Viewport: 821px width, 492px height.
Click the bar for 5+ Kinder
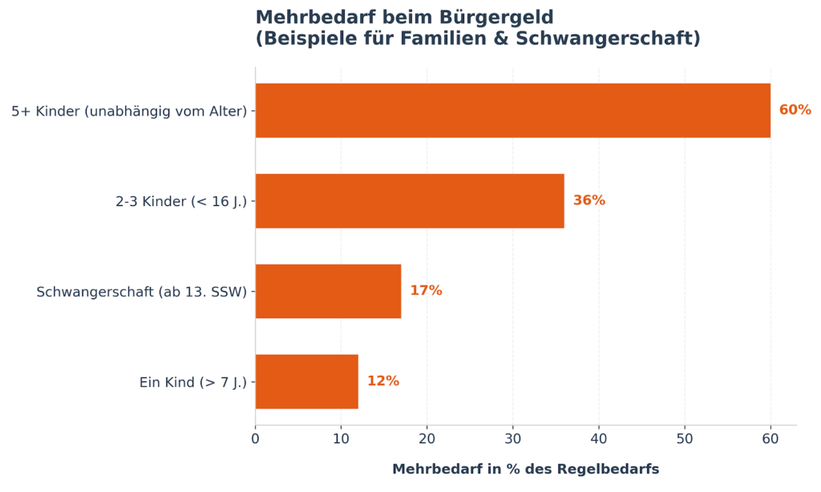(x=512, y=111)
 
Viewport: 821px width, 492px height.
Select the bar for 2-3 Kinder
(x=409, y=201)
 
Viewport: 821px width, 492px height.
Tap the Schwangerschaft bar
(x=328, y=292)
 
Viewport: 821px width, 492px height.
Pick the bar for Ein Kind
(x=306, y=382)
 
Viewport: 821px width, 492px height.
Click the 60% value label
(x=795, y=111)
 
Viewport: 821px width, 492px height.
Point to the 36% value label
(x=588, y=201)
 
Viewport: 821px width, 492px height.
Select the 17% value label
(x=426, y=291)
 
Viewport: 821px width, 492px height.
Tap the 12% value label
(x=382, y=381)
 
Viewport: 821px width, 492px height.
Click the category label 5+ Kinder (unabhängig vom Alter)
(x=129, y=111)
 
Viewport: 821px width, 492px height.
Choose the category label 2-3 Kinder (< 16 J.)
(x=181, y=202)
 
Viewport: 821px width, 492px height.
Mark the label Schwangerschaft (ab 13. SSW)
(x=142, y=292)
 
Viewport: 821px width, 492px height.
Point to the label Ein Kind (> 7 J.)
(x=193, y=383)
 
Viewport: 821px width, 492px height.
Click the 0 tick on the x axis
(x=256, y=439)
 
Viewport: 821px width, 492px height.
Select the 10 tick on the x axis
(x=342, y=439)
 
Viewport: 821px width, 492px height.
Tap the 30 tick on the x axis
(x=513, y=439)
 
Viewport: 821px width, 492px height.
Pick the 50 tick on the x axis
(x=685, y=439)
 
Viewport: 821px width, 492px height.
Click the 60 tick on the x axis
(x=770, y=439)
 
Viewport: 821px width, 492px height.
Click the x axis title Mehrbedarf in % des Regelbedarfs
(x=525, y=470)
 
